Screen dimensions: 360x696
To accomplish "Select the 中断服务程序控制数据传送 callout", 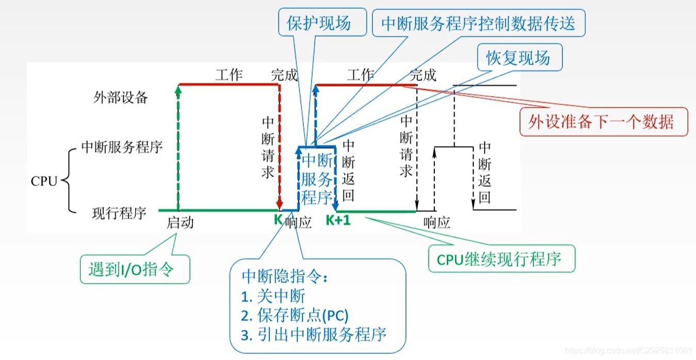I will (478, 23).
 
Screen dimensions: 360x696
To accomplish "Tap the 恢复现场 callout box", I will (517, 58).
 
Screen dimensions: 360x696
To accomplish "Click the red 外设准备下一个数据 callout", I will (603, 122).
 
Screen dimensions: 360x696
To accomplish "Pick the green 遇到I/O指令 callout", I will (135, 270).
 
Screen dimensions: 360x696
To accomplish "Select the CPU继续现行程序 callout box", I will (501, 258).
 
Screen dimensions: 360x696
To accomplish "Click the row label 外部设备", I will (120, 98).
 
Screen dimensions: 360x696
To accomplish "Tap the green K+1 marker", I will (338, 221).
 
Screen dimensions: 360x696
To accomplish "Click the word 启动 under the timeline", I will (180, 223).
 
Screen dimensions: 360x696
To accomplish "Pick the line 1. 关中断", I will (273, 296).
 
